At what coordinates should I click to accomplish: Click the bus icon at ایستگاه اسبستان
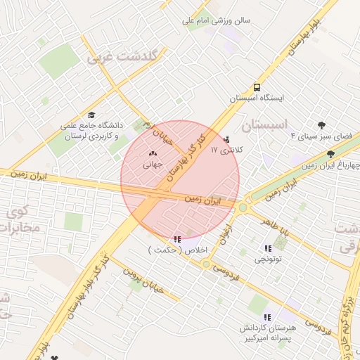257,88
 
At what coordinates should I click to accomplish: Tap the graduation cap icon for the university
91,115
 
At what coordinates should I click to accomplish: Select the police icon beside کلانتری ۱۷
226,139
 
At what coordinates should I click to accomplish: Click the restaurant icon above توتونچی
268,248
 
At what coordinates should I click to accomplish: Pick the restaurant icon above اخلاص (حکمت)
176,239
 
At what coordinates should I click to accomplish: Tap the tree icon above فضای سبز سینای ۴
322,124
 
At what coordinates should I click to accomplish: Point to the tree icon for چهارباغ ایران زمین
330,154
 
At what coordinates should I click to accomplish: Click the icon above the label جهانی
153,153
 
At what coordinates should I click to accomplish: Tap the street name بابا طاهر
276,228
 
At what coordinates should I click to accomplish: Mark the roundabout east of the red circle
244,207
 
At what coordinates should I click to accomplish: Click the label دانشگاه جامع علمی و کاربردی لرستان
91,130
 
